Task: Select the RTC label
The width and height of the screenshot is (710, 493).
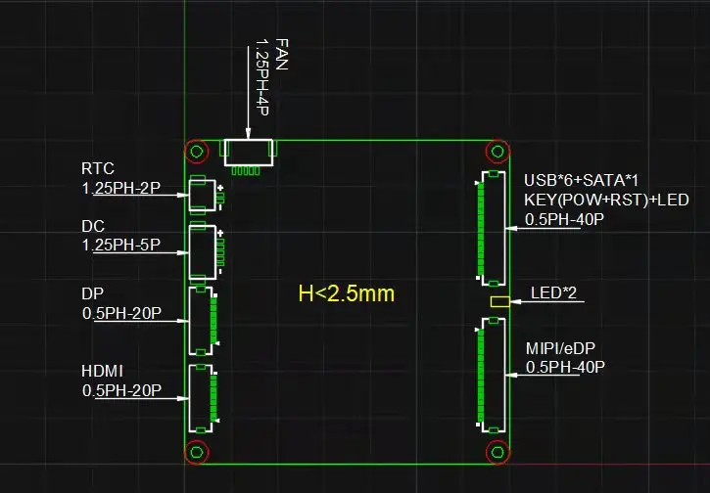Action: pyautogui.click(x=97, y=168)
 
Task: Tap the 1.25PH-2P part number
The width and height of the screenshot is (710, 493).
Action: pyautogui.click(x=120, y=188)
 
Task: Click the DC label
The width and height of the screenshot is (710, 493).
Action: pyautogui.click(x=93, y=227)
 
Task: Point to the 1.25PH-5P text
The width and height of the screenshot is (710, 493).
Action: pyautogui.click(x=120, y=245)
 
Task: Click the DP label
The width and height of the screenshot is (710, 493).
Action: pyautogui.click(x=93, y=293)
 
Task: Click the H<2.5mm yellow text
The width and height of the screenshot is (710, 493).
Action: pyautogui.click(x=347, y=292)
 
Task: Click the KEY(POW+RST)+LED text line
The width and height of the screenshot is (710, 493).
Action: pyautogui.click(x=606, y=200)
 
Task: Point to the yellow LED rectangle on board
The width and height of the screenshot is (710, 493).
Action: pyautogui.click(x=499, y=301)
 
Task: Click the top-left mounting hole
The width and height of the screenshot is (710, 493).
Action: pyautogui.click(x=197, y=152)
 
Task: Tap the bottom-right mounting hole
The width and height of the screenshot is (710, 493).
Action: pyautogui.click(x=497, y=451)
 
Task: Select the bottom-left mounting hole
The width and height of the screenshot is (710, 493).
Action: pyautogui.click(x=197, y=451)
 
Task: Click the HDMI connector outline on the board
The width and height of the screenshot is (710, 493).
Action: pyautogui.click(x=201, y=398)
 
